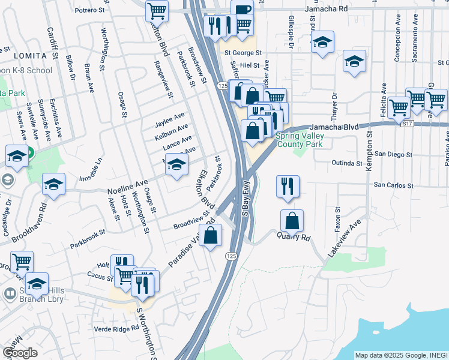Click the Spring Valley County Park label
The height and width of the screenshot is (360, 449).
[299, 140]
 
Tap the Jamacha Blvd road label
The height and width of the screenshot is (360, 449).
[334, 127]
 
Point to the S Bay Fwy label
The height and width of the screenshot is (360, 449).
[246, 197]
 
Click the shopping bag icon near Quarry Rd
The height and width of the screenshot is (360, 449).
[292, 221]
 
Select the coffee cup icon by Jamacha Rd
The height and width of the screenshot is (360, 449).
[243, 12]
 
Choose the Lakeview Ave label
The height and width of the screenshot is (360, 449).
[345, 239]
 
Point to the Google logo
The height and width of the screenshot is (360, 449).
[20, 353]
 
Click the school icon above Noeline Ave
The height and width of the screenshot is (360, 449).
[176, 165]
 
